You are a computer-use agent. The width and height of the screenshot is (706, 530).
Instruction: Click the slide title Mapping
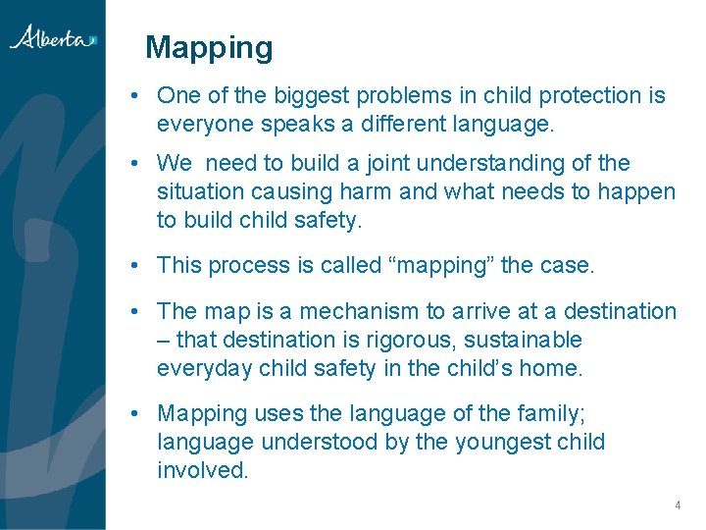tap(209, 47)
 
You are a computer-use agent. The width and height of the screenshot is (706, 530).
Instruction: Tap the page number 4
tap(677, 505)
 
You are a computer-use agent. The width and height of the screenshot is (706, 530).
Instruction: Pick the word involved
tap(201, 470)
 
